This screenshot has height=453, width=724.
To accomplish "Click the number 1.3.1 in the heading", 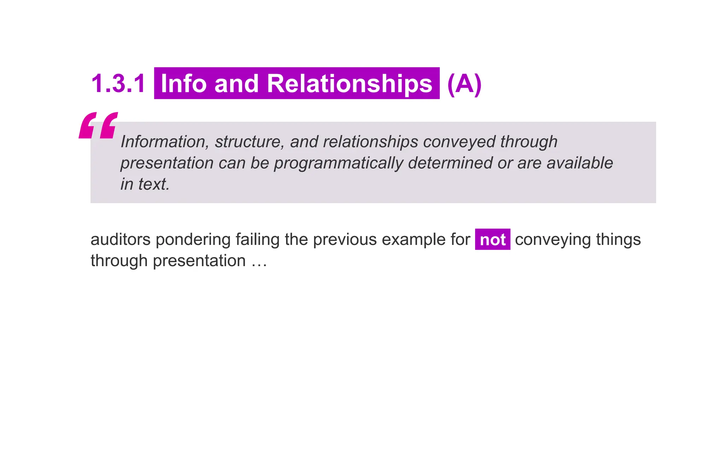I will pyautogui.click(x=118, y=84).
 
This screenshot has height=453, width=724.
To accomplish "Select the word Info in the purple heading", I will pyautogui.click(x=183, y=84).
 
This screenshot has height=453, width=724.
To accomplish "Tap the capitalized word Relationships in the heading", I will pyautogui.click(x=349, y=84).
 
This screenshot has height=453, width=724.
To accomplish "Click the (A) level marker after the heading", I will pyautogui.click(x=464, y=84).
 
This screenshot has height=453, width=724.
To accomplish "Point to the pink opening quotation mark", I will pyautogui.click(x=98, y=126).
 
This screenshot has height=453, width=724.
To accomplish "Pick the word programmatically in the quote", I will pyautogui.click(x=338, y=163).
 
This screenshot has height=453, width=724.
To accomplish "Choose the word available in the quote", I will pyautogui.click(x=580, y=163).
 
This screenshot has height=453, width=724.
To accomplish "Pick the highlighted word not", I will pyautogui.click(x=492, y=240).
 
